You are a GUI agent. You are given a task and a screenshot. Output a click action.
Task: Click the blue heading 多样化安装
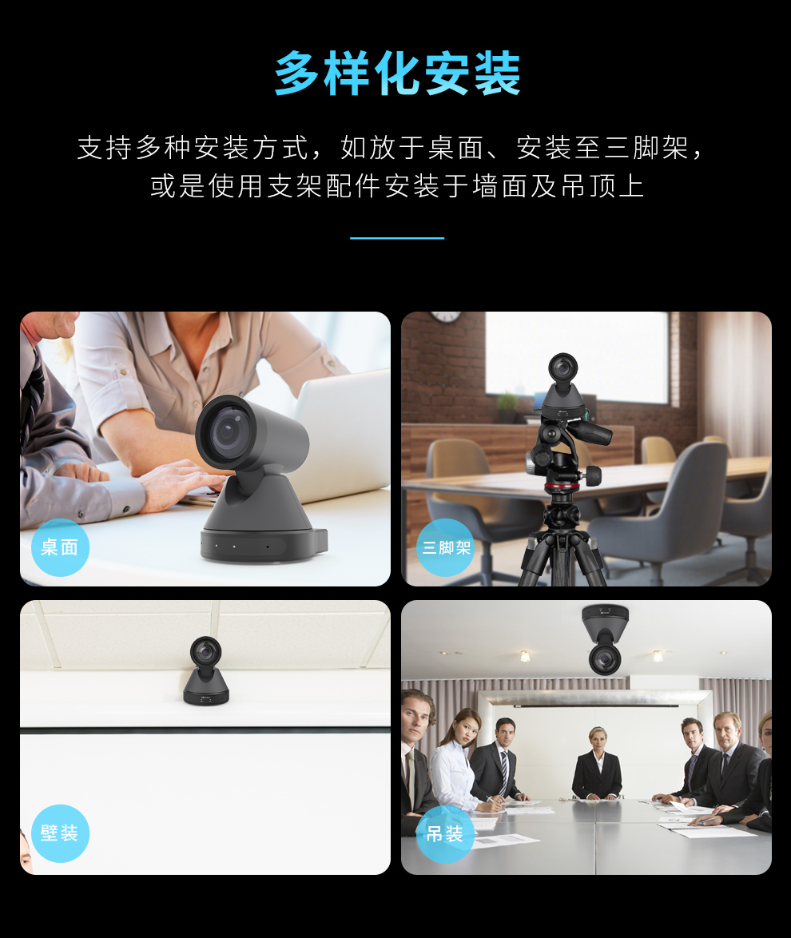(x=397, y=74)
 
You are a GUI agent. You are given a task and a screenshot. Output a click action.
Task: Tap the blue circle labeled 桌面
(x=60, y=547)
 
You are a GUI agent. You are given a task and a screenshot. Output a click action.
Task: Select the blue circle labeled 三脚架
(x=446, y=547)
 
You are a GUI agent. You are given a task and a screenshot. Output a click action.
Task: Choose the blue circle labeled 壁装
(x=60, y=833)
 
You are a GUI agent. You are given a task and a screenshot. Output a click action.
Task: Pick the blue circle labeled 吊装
(x=445, y=833)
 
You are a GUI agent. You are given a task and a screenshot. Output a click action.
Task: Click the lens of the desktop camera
(x=225, y=432)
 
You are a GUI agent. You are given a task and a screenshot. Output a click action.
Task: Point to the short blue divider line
(x=396, y=238)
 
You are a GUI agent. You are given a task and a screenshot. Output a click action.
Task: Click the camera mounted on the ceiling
(x=606, y=639)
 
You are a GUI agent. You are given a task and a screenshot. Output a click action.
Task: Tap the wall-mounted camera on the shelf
(x=206, y=671)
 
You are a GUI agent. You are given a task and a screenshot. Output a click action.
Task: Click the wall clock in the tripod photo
(x=445, y=316)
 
